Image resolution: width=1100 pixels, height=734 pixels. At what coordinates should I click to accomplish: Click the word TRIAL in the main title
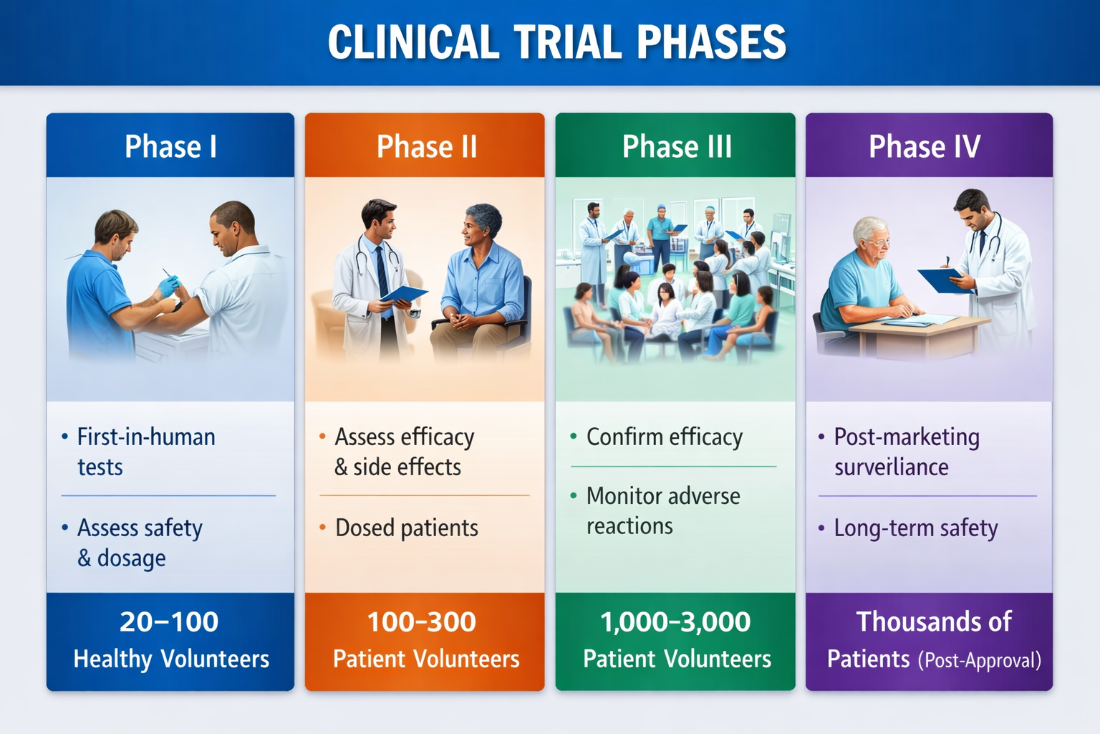[x=568, y=42]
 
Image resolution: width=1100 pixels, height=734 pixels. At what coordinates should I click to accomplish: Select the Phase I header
[x=170, y=146]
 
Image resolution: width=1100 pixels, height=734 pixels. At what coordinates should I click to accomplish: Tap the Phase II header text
[x=426, y=146]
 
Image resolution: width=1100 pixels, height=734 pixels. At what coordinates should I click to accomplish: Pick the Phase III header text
[x=677, y=146]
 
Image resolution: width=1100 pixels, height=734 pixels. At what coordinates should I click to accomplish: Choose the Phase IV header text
[x=925, y=146]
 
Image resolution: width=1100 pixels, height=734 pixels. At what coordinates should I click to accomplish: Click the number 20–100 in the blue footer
[x=169, y=621]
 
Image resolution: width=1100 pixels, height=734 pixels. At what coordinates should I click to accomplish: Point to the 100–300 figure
[x=421, y=621]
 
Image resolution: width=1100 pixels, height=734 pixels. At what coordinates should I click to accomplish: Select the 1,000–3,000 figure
[x=675, y=622]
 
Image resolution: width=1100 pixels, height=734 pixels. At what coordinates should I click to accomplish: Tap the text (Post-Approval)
[x=980, y=660]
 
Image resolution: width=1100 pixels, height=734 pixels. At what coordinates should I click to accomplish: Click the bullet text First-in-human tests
[x=146, y=452]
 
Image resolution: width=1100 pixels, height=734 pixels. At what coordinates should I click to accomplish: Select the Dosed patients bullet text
[x=407, y=528]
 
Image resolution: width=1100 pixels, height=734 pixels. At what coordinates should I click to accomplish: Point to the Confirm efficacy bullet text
[x=665, y=437]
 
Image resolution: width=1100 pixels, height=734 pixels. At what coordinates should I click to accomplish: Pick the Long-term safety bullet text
[x=916, y=528]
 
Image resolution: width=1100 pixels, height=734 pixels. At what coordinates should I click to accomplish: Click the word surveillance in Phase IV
[x=892, y=467]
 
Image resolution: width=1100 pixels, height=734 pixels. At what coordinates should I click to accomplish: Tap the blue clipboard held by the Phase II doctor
[x=404, y=293]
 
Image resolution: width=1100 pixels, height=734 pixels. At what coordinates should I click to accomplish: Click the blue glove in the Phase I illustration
[x=168, y=286]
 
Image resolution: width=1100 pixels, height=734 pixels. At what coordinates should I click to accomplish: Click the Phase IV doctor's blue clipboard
[x=945, y=281]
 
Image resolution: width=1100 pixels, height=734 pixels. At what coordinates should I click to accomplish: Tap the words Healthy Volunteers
[x=171, y=659]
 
